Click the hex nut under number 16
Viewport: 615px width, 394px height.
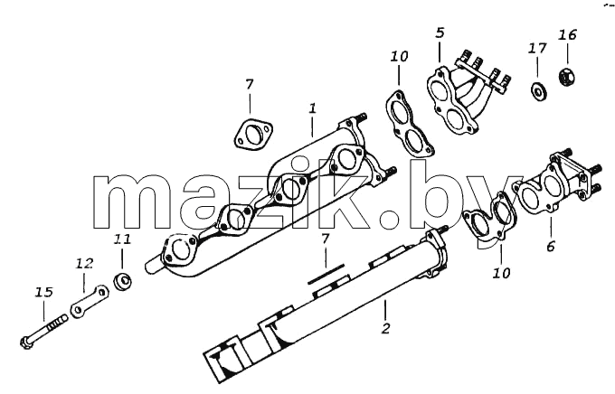click(x=567, y=77)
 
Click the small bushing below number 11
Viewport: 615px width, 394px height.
click(x=122, y=281)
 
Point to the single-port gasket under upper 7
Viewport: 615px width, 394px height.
click(x=253, y=134)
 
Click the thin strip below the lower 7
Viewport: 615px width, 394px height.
click(x=326, y=274)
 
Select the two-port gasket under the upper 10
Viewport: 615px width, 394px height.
click(x=408, y=124)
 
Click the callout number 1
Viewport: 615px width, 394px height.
click(x=312, y=108)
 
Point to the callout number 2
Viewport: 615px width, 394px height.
click(x=385, y=328)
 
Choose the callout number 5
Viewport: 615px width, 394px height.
click(x=440, y=33)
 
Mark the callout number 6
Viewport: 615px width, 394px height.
click(x=551, y=247)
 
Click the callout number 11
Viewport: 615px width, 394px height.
click(x=122, y=239)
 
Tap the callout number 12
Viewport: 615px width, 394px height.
click(x=84, y=264)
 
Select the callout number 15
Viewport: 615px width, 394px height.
click(x=43, y=292)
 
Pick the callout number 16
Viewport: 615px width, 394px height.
click(x=568, y=35)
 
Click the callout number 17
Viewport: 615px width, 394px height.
click(x=537, y=48)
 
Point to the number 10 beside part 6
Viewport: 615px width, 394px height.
click(x=502, y=273)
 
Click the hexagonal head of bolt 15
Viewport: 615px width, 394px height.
click(x=26, y=343)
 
